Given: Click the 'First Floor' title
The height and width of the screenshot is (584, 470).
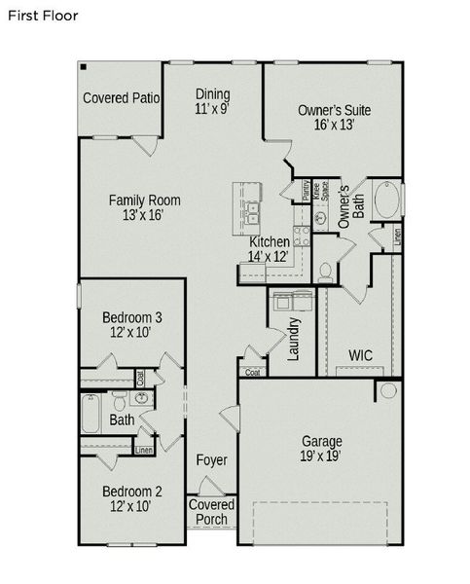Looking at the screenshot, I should click(43, 16).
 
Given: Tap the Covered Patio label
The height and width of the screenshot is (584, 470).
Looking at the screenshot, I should click(122, 98).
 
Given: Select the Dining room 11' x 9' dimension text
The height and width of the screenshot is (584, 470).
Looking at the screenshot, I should click(212, 109).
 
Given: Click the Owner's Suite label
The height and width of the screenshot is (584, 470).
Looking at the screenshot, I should click(334, 110).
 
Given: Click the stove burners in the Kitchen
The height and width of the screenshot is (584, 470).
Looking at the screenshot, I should click(303, 235).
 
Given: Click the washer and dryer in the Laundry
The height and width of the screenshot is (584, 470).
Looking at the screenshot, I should click(293, 299).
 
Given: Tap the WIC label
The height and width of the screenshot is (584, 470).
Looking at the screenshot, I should click(360, 355).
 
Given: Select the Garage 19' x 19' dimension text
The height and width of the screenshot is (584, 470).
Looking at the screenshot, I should click(320, 456).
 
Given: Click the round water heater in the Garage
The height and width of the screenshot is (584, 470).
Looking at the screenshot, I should click(387, 390).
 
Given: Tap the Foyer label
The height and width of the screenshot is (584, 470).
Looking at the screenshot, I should click(211, 459).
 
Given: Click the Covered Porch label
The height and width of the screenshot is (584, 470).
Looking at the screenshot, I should click(211, 512).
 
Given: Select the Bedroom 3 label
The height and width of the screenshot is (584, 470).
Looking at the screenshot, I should click(132, 317).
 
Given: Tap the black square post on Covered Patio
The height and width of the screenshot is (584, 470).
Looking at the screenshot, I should click(86, 67).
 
